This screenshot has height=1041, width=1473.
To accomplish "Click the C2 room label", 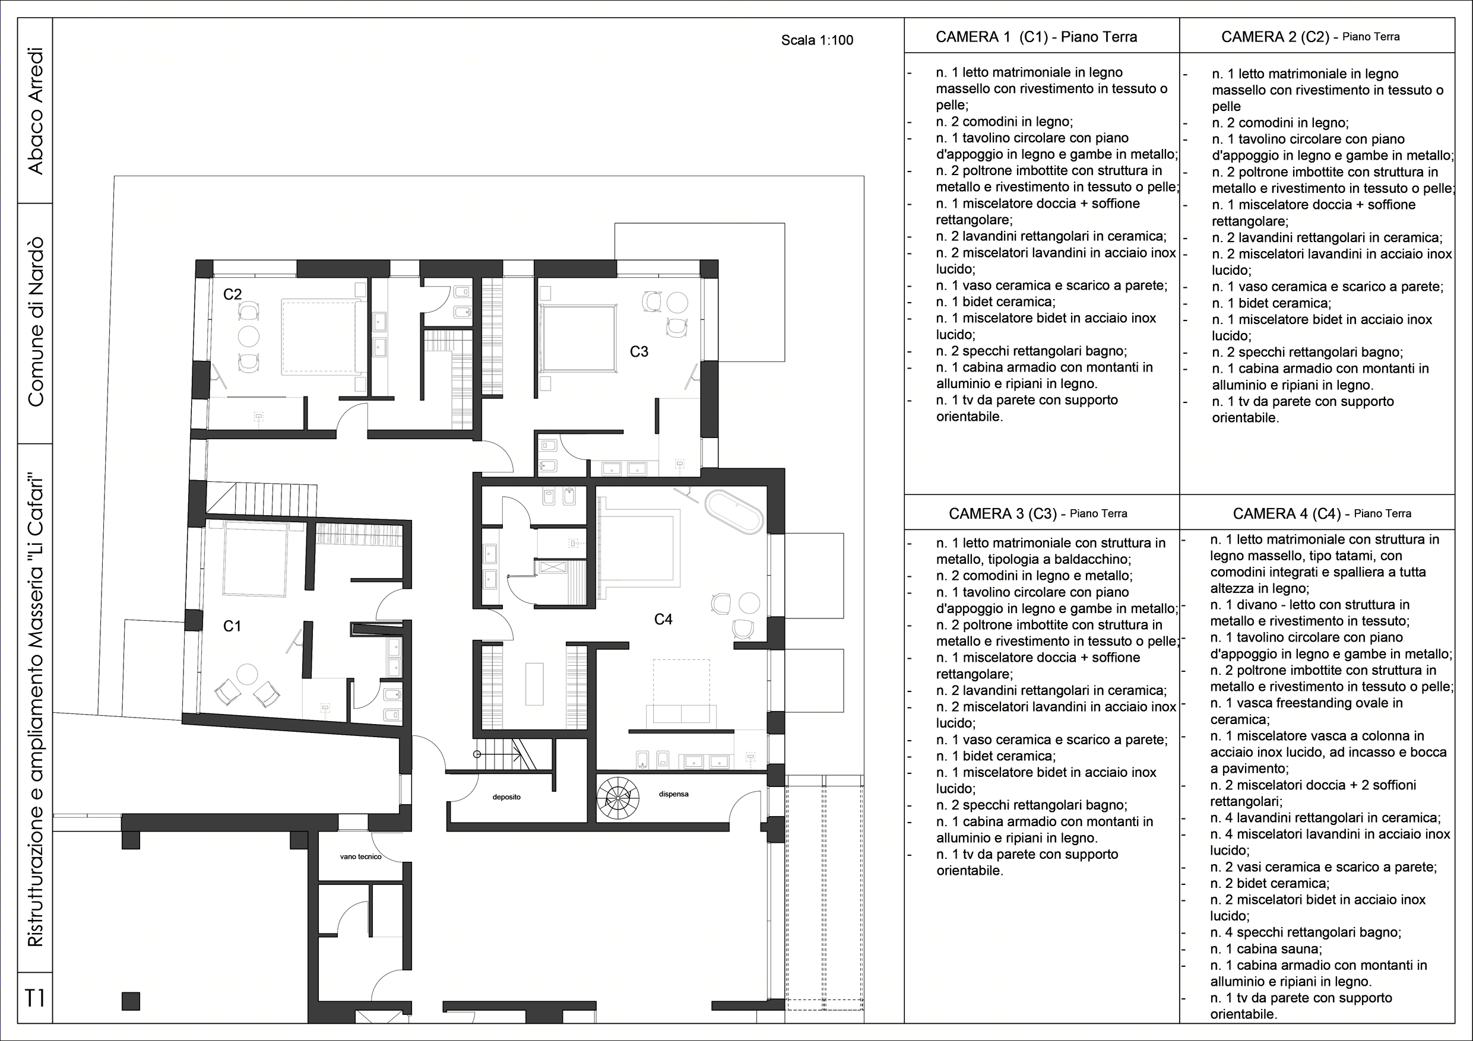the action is [x=232, y=294].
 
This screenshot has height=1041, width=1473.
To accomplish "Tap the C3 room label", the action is [x=639, y=351].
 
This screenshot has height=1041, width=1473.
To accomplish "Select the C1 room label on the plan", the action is [x=232, y=626].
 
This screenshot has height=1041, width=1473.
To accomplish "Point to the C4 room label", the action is [x=663, y=619].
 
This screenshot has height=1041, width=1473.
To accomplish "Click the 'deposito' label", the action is [x=507, y=797].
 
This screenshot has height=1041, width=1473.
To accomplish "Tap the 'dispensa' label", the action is [x=674, y=794].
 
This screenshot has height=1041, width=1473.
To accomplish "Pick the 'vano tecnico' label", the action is [x=360, y=857].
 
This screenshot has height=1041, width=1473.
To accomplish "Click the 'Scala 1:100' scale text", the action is [x=818, y=40].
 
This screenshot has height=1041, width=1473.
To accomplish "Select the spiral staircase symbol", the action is [x=618, y=797].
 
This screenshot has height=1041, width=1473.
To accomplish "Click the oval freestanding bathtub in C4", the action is [x=734, y=512].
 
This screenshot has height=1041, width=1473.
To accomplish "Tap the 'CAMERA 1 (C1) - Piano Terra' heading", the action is [x=1037, y=37].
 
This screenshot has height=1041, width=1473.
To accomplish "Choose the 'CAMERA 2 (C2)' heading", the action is [x=1275, y=37].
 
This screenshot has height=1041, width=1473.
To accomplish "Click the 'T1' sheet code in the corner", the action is [x=34, y=998].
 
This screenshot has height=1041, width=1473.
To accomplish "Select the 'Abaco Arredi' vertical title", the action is [x=35, y=110].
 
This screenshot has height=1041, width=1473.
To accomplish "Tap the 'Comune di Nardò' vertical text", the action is [x=35, y=321].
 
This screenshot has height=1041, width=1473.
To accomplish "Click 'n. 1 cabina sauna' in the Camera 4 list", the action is [x=1266, y=948].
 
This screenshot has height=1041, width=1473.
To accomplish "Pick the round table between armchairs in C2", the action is [x=248, y=336].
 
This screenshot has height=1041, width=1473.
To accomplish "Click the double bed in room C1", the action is [x=255, y=560].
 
